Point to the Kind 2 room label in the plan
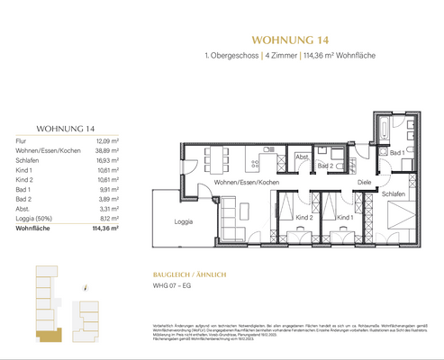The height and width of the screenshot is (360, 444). coord(304,218)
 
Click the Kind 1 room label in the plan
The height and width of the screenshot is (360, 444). coord(343,218)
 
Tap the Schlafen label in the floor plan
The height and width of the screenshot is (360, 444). coord(393,194)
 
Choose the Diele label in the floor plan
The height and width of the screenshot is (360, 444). coord(364,183)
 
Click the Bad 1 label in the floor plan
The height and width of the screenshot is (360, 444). coord(396,152)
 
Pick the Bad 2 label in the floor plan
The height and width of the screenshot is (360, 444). coord(325,166)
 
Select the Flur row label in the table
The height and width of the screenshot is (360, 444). coord(22,140)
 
